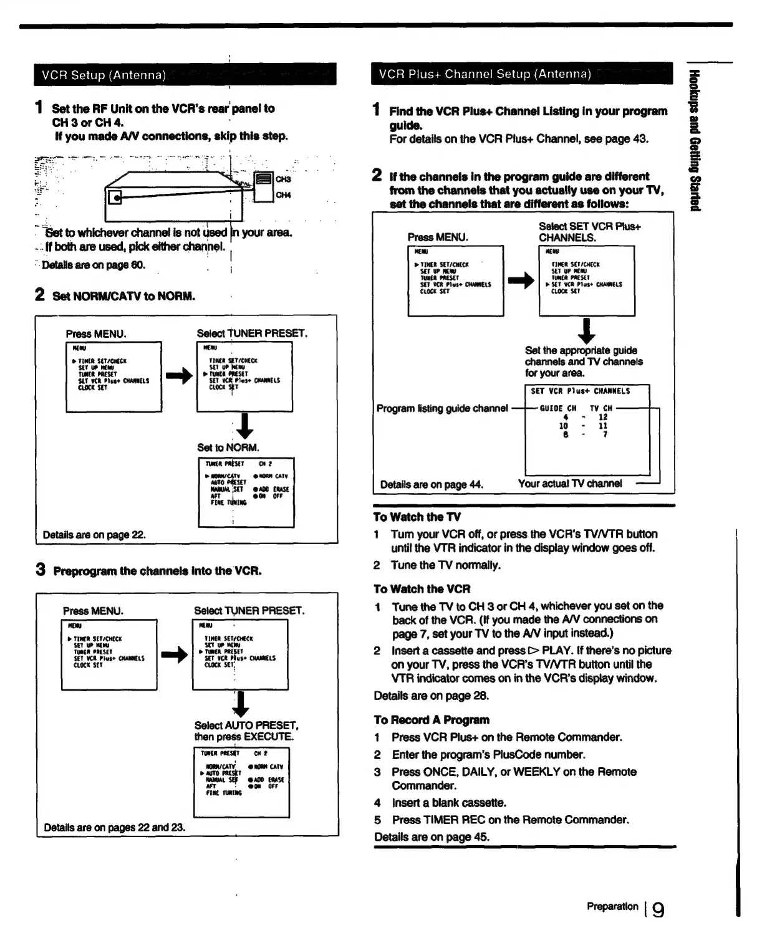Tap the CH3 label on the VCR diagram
[283, 179]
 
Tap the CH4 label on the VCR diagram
[283, 195]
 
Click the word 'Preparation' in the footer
[612, 906]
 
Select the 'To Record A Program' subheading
[431, 720]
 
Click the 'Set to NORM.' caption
[228, 447]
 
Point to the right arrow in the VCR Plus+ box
[521, 280]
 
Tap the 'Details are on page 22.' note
[94, 535]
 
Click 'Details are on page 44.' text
[432, 484]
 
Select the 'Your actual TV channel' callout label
[569, 484]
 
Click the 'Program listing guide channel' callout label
[442, 408]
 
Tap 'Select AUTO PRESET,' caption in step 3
[246, 725]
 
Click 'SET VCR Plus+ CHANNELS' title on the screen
[580, 391]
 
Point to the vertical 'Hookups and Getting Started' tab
[694, 140]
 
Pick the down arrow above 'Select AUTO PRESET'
[241, 704]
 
